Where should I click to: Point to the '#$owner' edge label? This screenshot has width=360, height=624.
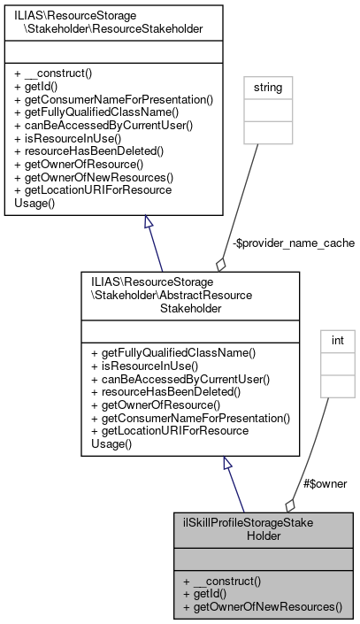click(325, 483)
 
